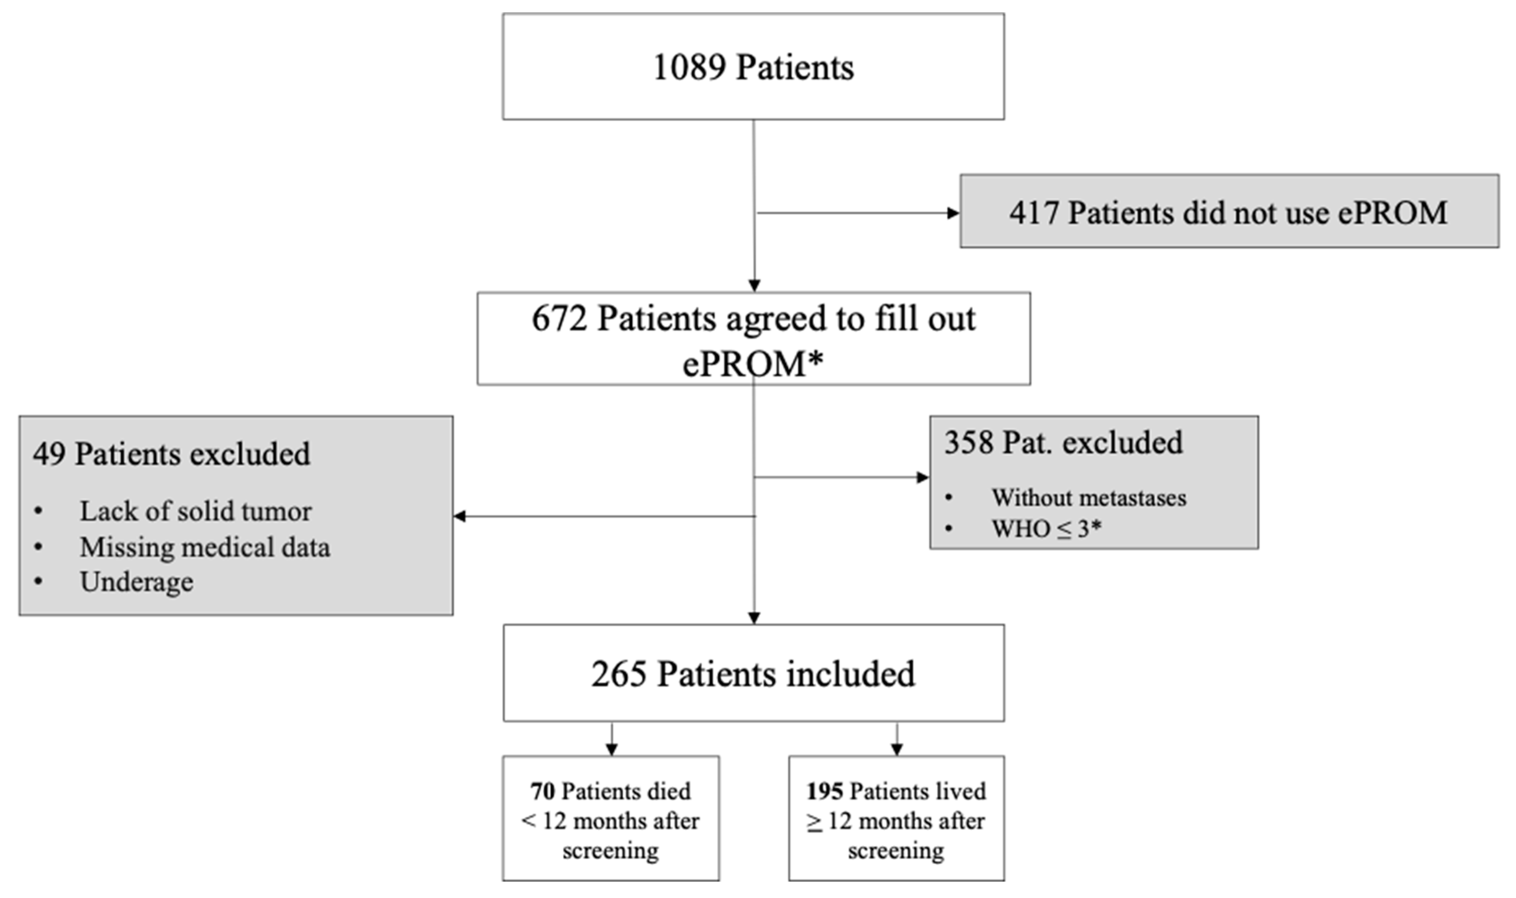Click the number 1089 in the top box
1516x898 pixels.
689,67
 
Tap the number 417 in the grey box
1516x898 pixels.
1034,213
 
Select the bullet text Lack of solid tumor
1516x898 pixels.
195,511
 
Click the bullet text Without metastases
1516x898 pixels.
1088,498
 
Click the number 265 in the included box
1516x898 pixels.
618,674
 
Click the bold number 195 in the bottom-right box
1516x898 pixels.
824,791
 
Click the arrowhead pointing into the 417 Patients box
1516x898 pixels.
953,213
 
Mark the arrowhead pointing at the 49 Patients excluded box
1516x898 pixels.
460,516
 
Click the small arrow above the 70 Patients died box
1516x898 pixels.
612,748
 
